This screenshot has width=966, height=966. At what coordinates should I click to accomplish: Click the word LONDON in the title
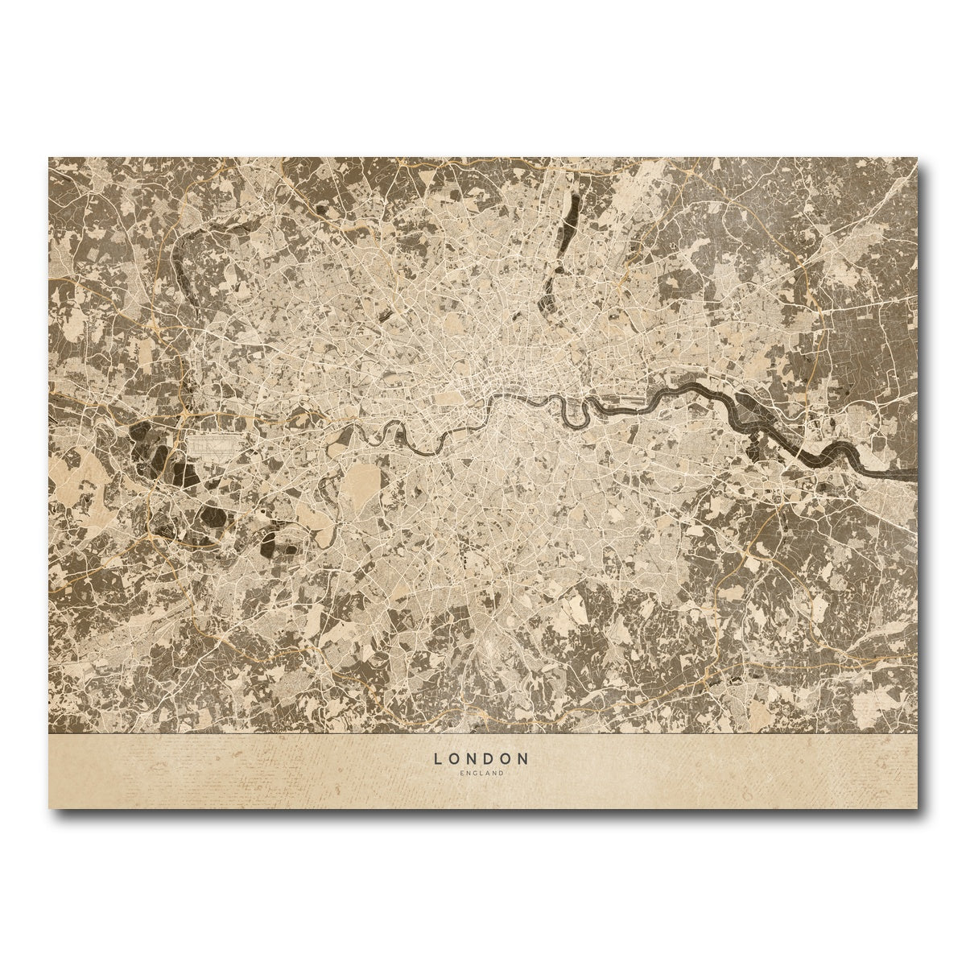pos(481,758)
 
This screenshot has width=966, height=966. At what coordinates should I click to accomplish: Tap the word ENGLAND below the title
pos(481,774)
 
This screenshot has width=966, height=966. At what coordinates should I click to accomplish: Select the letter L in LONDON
pos(438,758)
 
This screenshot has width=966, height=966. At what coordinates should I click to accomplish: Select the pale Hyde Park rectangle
pos(449,398)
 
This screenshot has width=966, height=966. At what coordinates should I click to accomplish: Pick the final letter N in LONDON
pos(524,758)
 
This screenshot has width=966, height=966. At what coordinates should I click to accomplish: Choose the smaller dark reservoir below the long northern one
pos(553,294)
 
